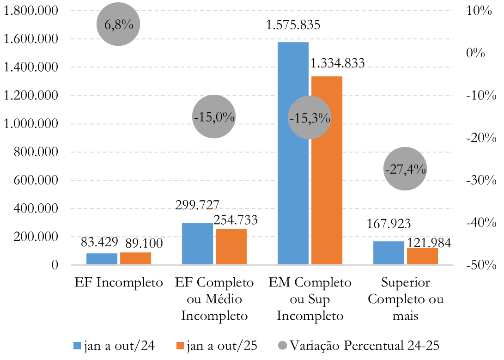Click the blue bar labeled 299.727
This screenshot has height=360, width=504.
point(197,244)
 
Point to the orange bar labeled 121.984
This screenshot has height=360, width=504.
point(422,256)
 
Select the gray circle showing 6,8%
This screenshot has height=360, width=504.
point(118,24)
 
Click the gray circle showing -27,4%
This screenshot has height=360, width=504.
point(405,169)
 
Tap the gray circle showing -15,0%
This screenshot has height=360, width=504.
point(214,117)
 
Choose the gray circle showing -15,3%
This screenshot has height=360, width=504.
point(309,118)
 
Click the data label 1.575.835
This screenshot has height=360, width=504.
point(293,25)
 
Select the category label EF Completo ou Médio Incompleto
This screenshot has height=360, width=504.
point(214,299)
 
